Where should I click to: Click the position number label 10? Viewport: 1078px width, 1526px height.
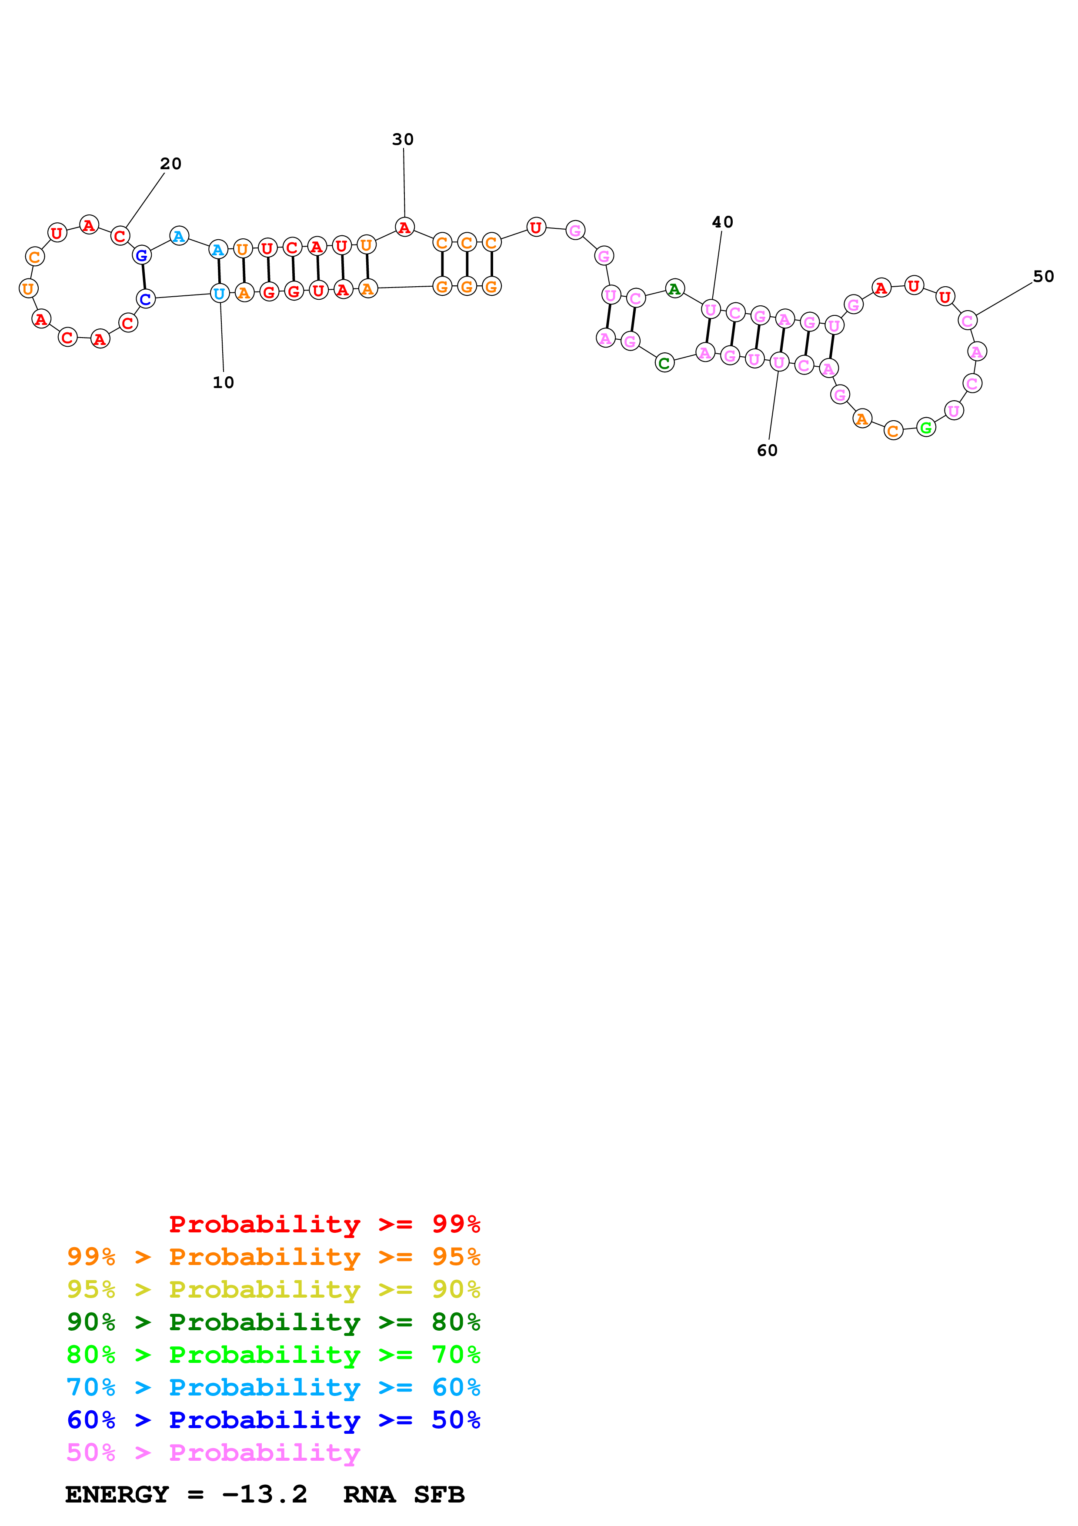223,382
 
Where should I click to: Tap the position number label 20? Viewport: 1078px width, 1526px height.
171,164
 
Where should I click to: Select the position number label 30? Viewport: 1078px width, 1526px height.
403,140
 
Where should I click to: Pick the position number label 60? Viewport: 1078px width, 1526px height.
767,451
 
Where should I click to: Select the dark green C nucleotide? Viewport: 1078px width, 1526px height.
664,363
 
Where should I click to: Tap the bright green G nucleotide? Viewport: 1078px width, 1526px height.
925,427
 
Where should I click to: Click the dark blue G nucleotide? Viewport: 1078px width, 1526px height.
141,255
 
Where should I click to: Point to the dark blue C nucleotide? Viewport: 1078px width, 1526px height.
146,299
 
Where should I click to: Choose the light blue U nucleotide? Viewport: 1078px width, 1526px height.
219,293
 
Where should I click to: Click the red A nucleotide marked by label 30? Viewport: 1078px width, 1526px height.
404,228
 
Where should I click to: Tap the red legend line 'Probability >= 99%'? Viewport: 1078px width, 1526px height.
324,1224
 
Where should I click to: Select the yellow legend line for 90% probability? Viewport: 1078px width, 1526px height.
273,1289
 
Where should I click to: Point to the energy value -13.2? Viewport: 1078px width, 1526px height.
264,1494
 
